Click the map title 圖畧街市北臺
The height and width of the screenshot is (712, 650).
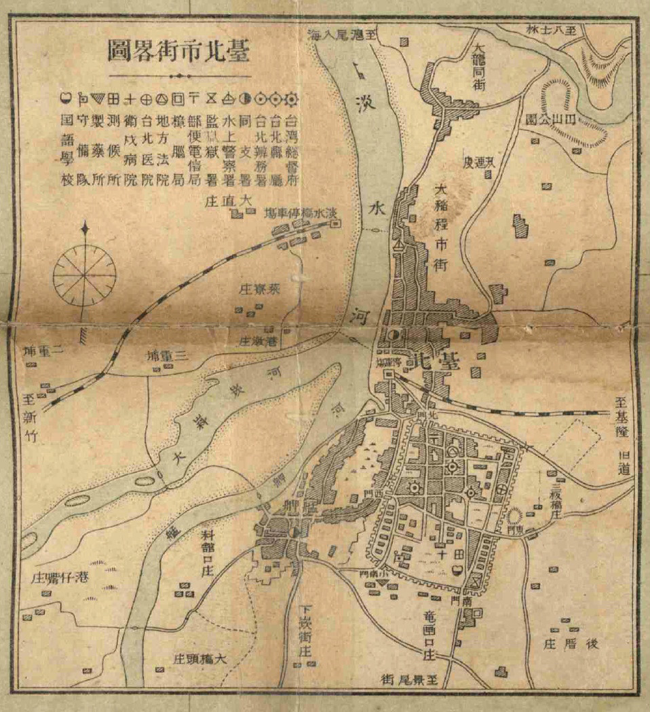[x=179, y=51]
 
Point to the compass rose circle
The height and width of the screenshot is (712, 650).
[x=85, y=277]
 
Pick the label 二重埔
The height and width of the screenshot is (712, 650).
[x=43, y=351]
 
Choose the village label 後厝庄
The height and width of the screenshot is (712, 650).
[x=573, y=644]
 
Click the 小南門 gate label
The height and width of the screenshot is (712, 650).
[x=372, y=573]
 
